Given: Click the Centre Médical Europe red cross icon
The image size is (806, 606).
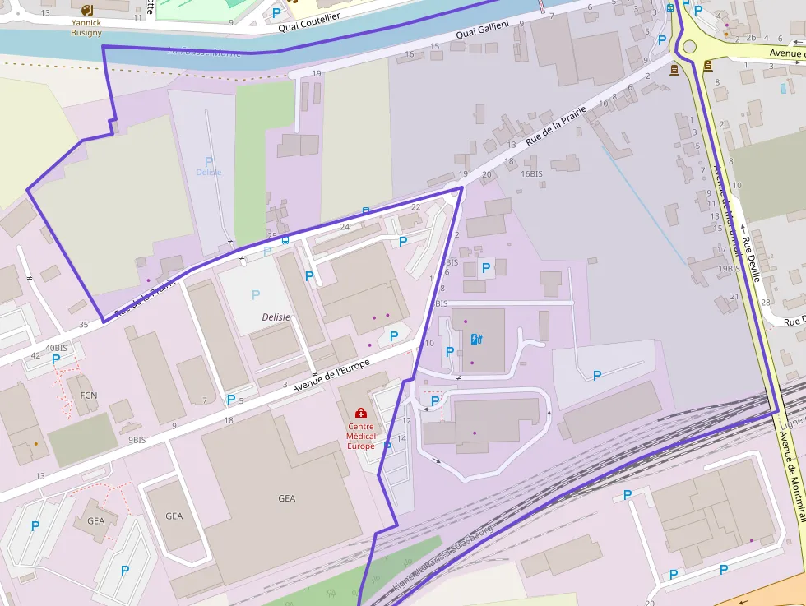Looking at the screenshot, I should [360, 413].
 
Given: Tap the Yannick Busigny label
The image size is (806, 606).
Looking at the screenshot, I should [86, 28].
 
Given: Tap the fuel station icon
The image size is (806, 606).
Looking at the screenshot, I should [475, 339].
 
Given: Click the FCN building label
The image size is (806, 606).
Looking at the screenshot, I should [89, 396].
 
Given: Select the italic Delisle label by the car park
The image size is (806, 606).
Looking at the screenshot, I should [276, 317].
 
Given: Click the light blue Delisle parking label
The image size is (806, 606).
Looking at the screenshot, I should [209, 172].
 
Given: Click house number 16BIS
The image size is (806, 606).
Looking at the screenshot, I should [531, 173].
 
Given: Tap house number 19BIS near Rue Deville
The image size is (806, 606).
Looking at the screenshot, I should [729, 269].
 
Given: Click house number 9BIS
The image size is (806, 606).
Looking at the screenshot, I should [137, 441].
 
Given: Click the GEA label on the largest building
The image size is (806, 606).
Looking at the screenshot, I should [286, 498].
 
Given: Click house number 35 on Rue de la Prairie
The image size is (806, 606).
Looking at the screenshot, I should [83, 325].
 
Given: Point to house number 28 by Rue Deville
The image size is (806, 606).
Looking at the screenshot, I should [765, 303].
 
